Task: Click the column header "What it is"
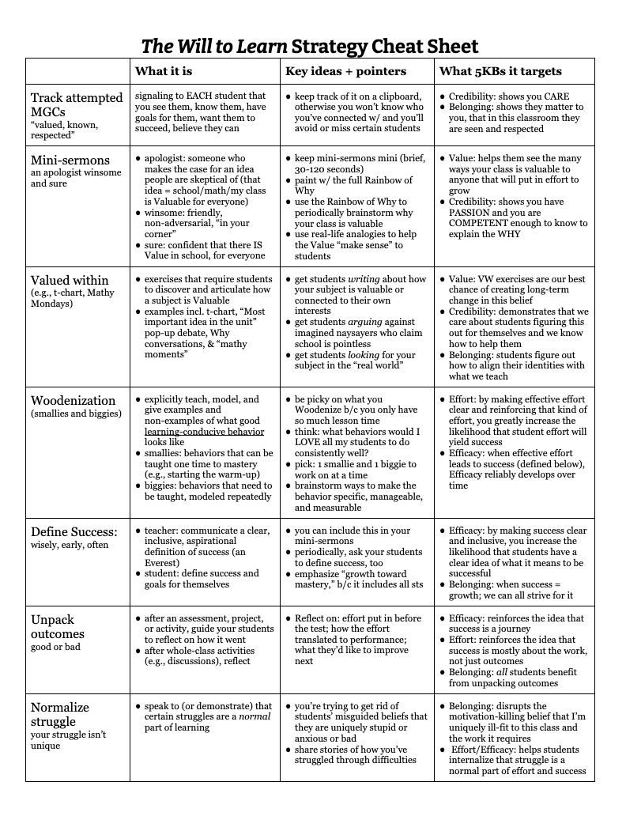(164, 71)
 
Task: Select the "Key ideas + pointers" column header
(345, 71)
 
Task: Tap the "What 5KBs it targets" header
(500, 71)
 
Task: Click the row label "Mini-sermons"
(70, 160)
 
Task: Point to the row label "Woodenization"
(74, 400)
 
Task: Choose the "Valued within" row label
(70, 280)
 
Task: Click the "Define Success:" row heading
(74, 531)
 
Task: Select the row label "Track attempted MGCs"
(77, 105)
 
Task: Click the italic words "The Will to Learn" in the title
(214, 46)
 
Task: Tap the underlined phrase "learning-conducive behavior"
(204, 432)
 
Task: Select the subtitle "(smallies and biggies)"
(76, 414)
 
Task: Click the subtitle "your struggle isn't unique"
(68, 740)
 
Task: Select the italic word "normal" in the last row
(251, 716)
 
